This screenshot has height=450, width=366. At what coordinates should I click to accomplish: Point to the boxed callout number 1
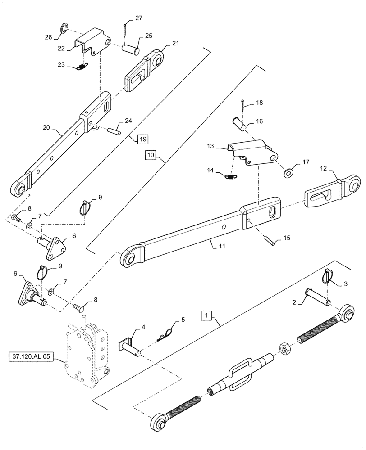(206, 315)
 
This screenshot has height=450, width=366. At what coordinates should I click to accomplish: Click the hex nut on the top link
(285, 347)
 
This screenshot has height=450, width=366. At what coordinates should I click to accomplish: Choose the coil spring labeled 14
(231, 177)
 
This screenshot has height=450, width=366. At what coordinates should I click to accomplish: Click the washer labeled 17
(288, 171)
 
